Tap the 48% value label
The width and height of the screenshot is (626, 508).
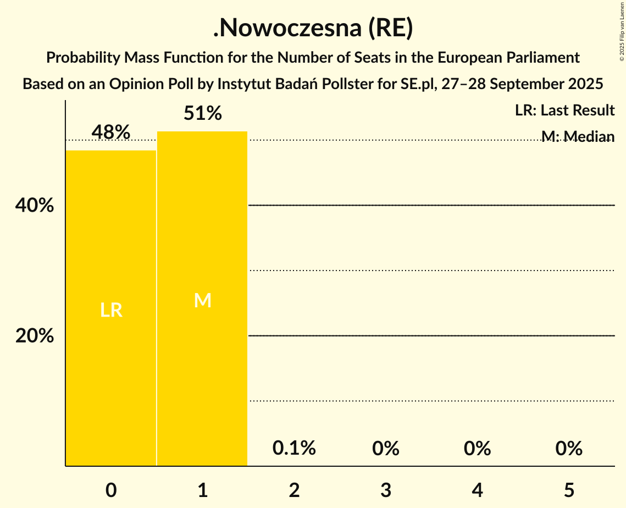click(x=111, y=132)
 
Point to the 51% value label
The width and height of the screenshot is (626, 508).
click(x=203, y=113)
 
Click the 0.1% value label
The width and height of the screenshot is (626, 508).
click(x=294, y=448)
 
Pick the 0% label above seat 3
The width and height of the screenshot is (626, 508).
click(x=386, y=448)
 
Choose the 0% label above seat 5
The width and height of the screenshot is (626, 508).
click(x=569, y=448)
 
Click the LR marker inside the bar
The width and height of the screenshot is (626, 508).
click(x=111, y=311)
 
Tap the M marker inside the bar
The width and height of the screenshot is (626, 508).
click(x=203, y=300)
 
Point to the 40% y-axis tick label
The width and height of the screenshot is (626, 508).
click(x=35, y=206)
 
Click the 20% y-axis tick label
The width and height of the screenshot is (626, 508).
click(x=35, y=335)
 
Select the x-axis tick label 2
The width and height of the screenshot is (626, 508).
click(x=294, y=490)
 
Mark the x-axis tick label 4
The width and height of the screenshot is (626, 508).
click(x=477, y=490)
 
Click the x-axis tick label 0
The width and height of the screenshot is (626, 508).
click(x=111, y=490)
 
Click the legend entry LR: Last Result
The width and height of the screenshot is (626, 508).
click(x=564, y=111)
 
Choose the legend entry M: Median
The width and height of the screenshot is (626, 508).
click(x=578, y=136)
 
